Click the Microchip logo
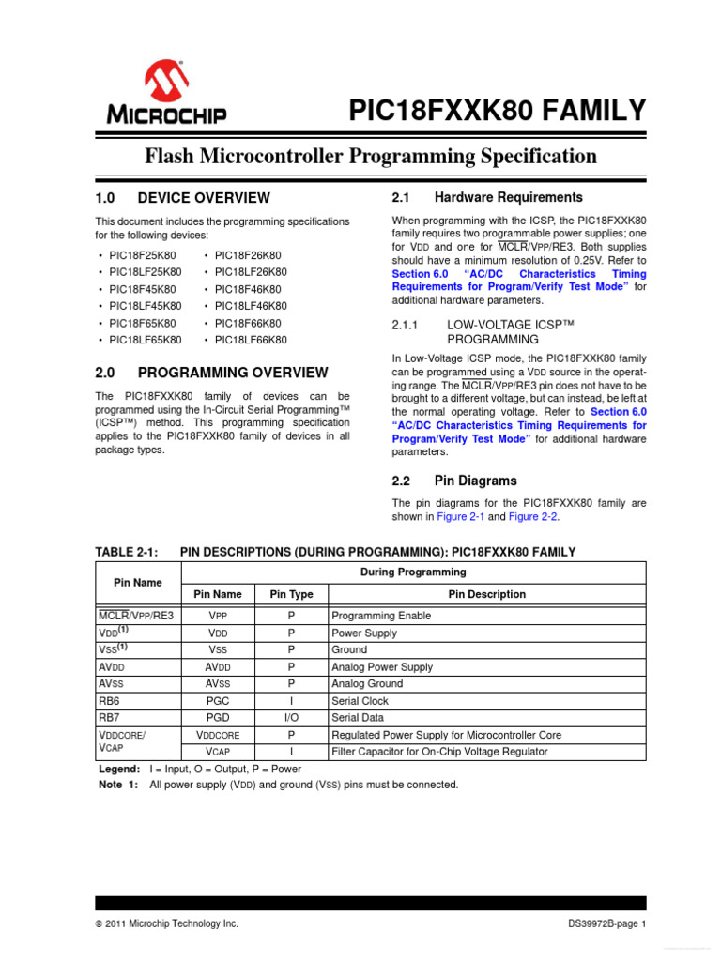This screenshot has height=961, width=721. [165, 93]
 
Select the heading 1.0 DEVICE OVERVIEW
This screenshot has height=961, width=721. [183, 198]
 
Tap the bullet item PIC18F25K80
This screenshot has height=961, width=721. [146, 255]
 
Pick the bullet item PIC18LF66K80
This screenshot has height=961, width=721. [251, 340]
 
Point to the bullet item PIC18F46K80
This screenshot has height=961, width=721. [248, 289]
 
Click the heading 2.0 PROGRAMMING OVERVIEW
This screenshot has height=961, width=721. [212, 373]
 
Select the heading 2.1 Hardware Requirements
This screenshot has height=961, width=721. [486, 197]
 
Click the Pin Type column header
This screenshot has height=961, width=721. [291, 594]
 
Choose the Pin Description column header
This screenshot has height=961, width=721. [486, 594]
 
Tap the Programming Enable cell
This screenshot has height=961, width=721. [381, 616]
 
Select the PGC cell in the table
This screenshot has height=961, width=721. [218, 700]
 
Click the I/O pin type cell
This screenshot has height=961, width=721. [291, 717]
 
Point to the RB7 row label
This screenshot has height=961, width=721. [109, 717]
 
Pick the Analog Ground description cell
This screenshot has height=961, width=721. [367, 683]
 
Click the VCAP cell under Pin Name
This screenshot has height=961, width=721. [218, 751]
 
